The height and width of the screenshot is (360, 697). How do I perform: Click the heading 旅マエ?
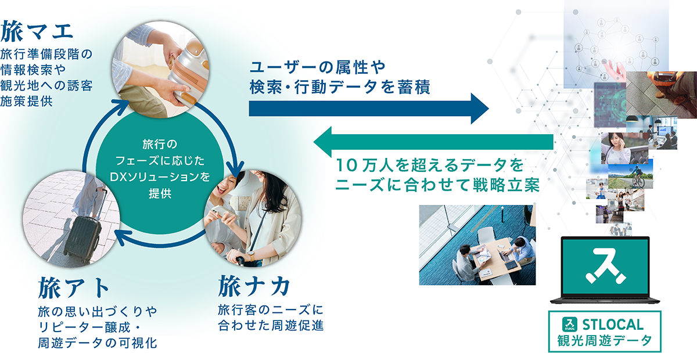click(37, 31)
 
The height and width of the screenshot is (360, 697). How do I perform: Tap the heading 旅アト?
click(73, 288)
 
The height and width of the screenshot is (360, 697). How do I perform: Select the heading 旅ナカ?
click(254, 286)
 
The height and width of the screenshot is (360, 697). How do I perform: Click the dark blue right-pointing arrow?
click(369, 109)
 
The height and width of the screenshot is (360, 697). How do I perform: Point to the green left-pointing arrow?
click(433, 142)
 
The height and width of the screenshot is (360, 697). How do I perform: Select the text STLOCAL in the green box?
click(613, 325)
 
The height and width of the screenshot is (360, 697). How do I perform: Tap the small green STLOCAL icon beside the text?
click(570, 325)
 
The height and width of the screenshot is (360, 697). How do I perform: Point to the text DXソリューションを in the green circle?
click(160, 177)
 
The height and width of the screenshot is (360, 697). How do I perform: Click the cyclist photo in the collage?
click(630, 176)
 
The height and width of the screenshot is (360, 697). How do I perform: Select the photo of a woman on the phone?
click(624, 148)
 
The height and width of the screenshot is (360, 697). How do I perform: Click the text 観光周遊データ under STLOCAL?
click(604, 341)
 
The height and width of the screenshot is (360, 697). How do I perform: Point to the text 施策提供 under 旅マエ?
click(27, 101)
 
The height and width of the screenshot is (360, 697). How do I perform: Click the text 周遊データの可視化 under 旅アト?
click(98, 343)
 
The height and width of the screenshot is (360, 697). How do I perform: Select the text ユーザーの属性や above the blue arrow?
click(318, 67)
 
